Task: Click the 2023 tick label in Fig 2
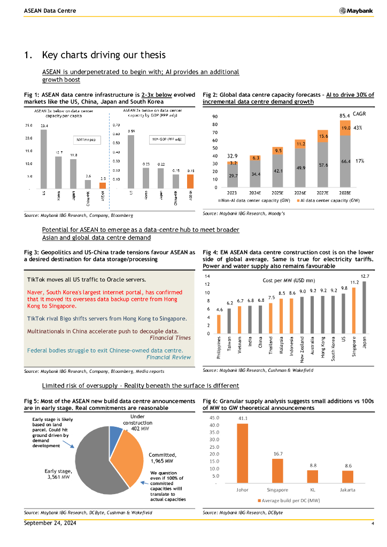tap(232, 193)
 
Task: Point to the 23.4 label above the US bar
tap(43, 126)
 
